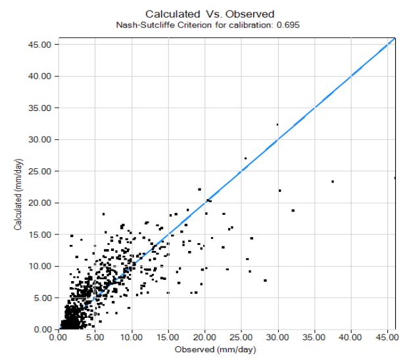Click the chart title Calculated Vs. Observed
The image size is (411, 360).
(x=210, y=14)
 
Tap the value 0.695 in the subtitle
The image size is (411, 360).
(x=288, y=25)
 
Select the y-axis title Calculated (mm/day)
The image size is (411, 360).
(x=18, y=194)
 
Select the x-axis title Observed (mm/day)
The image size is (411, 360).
(x=215, y=349)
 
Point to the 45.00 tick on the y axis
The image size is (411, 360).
(x=39, y=45)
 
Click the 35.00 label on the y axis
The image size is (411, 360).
(x=39, y=108)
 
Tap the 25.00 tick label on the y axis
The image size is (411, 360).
(x=39, y=171)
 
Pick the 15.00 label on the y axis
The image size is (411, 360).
(x=39, y=235)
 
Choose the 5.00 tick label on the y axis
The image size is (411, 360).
(x=43, y=298)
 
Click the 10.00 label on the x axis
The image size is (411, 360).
(x=132, y=337)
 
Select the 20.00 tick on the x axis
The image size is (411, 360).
(x=205, y=337)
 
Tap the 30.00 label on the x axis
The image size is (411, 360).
(x=278, y=337)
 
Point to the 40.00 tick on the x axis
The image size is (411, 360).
(x=351, y=337)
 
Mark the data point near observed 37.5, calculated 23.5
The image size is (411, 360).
(x=333, y=181)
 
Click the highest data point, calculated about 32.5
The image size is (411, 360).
(x=278, y=125)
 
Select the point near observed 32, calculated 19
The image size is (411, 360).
(x=293, y=210)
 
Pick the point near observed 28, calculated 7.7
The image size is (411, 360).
(x=265, y=281)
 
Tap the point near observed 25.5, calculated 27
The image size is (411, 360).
(x=245, y=158)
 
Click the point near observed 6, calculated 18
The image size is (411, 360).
(x=103, y=214)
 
